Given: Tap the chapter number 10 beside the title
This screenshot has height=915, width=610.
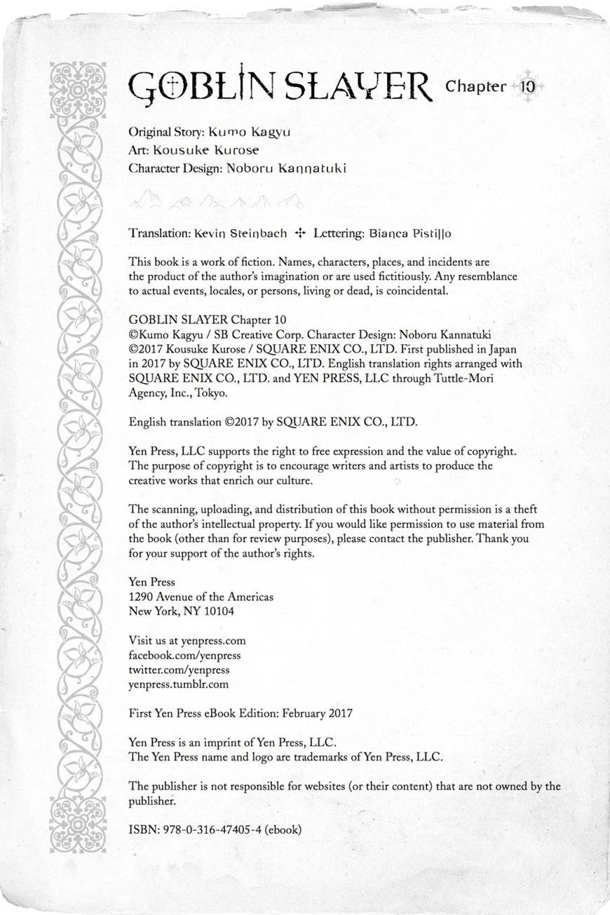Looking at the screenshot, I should (528, 87).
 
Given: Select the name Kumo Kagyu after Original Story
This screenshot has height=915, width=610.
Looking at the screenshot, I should (250, 132).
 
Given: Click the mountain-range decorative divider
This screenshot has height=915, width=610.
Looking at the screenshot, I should (216, 203).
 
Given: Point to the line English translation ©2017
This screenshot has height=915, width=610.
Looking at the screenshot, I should (273, 422).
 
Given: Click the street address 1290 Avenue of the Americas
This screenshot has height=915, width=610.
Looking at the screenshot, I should (201, 597).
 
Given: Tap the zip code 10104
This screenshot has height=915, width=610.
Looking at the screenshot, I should (219, 611).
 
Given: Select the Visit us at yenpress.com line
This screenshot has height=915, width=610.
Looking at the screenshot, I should (187, 640).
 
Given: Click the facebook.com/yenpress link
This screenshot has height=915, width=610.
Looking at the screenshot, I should (184, 655).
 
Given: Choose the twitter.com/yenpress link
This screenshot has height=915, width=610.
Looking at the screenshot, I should (179, 670).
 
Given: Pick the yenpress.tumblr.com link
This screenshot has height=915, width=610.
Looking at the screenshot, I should (178, 684).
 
